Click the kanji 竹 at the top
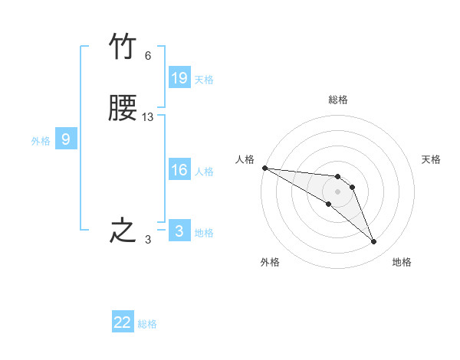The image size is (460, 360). click(123, 48)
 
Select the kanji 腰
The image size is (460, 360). click(123, 110)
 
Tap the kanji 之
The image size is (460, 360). click(123, 231)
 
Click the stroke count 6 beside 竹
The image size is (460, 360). click(148, 56)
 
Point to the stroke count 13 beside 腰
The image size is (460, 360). click(148, 117)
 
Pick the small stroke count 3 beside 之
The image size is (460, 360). click(148, 240)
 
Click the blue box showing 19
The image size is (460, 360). click(179, 78)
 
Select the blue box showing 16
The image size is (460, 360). click(179, 170)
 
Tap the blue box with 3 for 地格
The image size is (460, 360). click(179, 231)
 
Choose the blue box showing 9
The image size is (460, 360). click(66, 139)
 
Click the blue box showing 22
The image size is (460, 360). click(123, 322)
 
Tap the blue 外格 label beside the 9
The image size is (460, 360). click(41, 141)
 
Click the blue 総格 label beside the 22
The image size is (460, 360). click(148, 324)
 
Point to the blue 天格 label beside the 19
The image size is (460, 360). click(204, 80)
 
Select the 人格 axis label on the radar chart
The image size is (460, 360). click(245, 159)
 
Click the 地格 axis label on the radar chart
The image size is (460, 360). click(402, 262)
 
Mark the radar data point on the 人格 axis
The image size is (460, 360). click(264, 168)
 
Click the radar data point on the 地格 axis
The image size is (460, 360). click(374, 242)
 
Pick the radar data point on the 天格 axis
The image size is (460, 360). click(352, 187)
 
